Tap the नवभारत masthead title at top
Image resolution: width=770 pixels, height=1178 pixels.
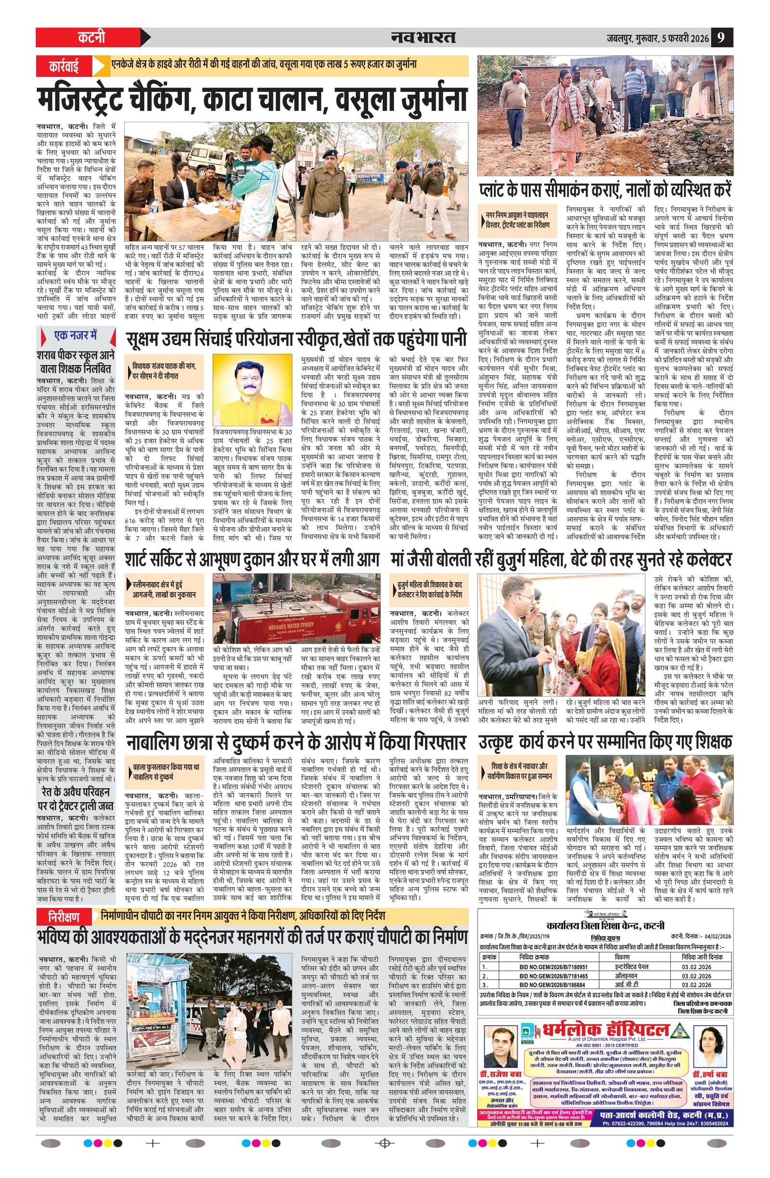[423, 38]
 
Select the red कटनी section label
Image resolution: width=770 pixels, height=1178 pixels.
[91, 38]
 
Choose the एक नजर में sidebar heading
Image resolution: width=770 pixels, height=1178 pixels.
[75, 335]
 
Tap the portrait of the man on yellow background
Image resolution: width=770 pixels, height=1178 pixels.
[252, 388]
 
